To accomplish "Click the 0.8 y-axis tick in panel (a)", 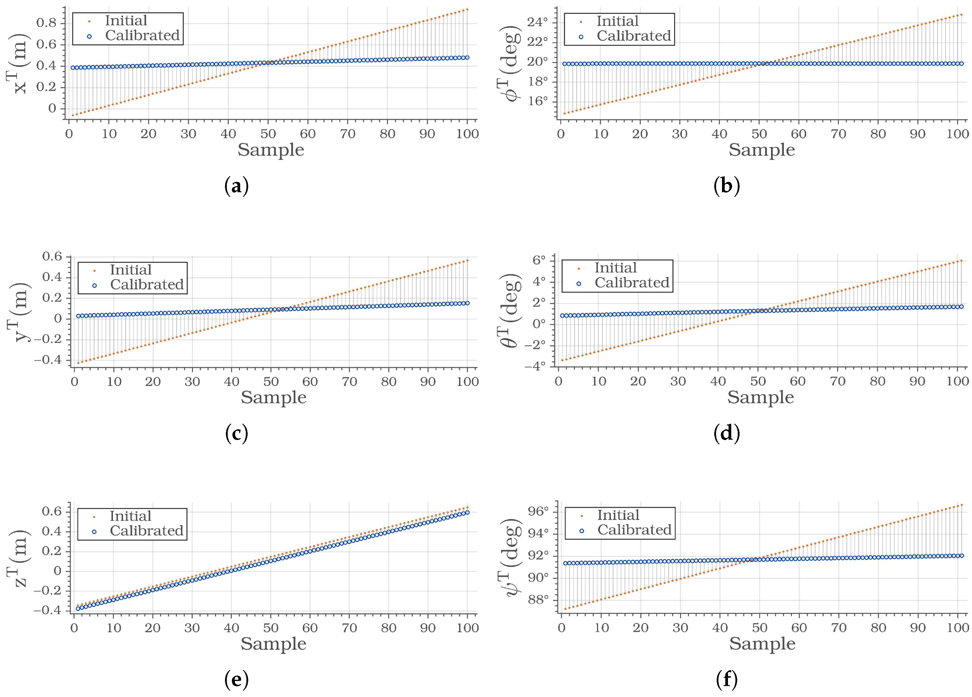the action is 46,23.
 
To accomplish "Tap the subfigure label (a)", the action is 236,187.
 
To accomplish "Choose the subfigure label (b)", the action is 727,187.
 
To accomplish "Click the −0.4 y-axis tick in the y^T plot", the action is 48,360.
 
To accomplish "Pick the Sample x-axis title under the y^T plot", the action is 273,398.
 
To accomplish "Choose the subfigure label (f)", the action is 727,680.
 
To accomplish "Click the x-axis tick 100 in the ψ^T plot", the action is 957,628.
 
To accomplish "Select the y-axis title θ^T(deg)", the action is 511,310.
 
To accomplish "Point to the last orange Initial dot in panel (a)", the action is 467,9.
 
